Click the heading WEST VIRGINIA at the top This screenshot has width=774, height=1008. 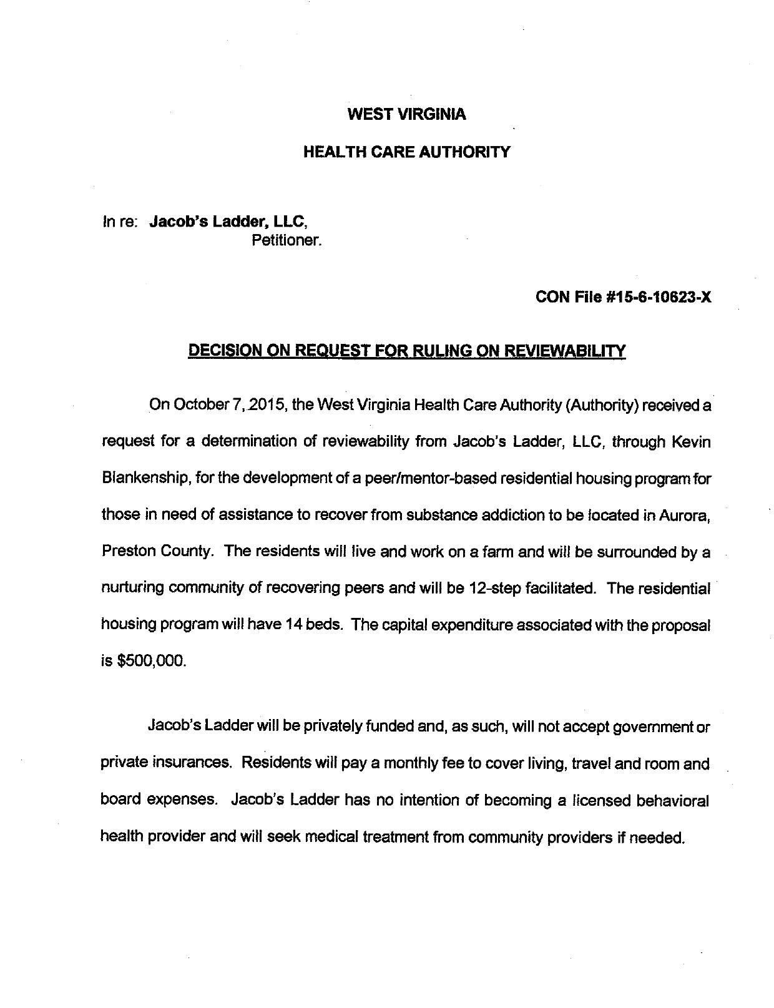(x=406, y=114)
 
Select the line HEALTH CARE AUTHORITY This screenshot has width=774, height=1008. (x=406, y=152)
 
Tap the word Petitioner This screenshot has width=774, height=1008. (x=287, y=240)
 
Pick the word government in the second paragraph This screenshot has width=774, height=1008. (x=654, y=727)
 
